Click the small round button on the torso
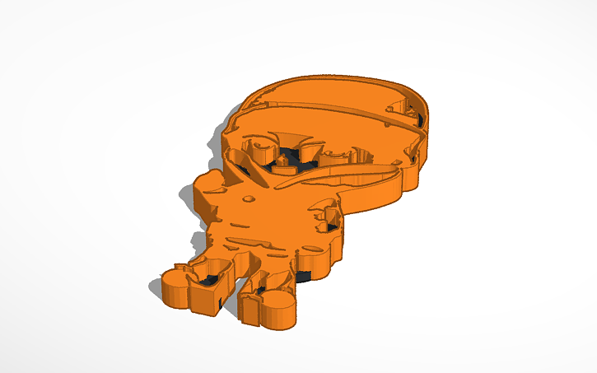coord(248,198)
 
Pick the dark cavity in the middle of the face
coord(288,156)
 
